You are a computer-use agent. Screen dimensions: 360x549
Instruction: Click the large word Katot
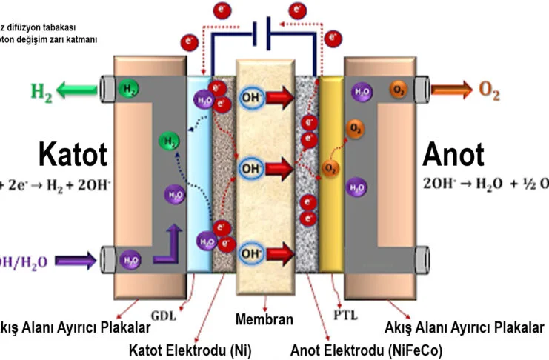tap(73, 156)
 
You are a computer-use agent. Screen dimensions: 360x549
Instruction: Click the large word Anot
tap(453, 156)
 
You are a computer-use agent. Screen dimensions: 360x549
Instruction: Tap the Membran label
tap(264, 320)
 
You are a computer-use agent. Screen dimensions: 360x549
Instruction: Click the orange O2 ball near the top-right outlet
tap(398, 92)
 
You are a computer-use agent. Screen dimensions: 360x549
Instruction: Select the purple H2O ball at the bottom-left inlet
tap(130, 260)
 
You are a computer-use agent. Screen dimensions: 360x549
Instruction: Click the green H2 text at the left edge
tap(41, 92)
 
